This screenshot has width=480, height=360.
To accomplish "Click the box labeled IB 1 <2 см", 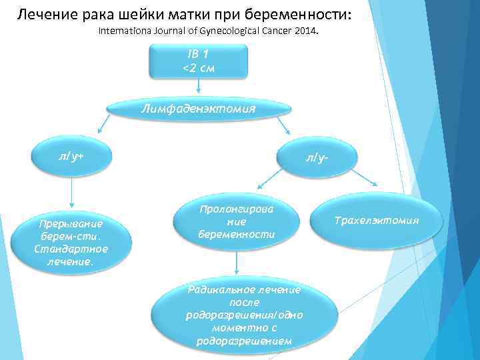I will [198, 61].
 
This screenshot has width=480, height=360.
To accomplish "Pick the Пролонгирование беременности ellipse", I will [237, 223].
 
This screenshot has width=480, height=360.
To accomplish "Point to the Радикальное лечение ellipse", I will [243, 315].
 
